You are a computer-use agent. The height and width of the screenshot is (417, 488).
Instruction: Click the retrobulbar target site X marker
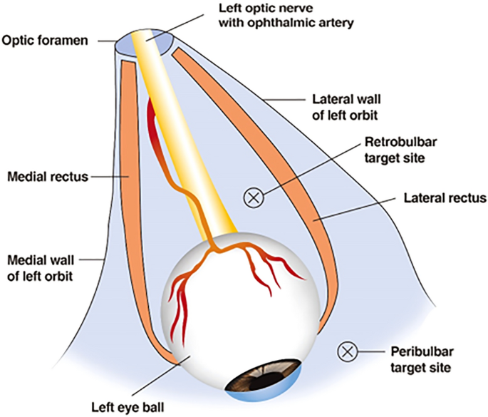tap(253, 197)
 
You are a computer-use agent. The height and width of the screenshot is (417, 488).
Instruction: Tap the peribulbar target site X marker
tap(347, 351)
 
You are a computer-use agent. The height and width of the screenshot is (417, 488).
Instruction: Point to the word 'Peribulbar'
tap(416, 351)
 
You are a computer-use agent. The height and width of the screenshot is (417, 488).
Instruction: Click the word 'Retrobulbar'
tap(395, 140)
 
